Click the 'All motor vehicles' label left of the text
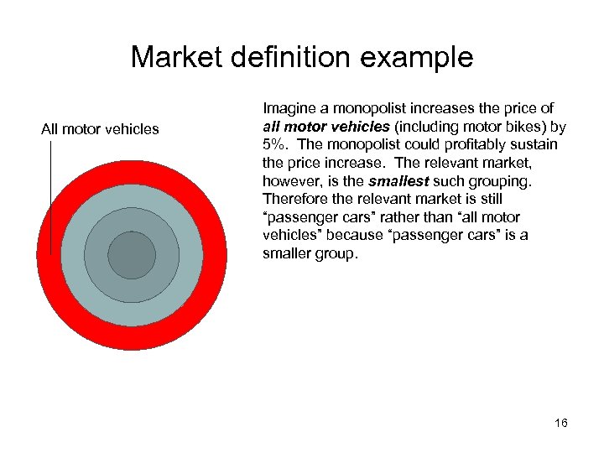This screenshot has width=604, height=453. click(x=100, y=129)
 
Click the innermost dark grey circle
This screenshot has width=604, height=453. click(x=132, y=255)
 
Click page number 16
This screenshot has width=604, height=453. click(x=560, y=423)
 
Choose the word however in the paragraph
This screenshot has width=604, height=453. click(x=290, y=180)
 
